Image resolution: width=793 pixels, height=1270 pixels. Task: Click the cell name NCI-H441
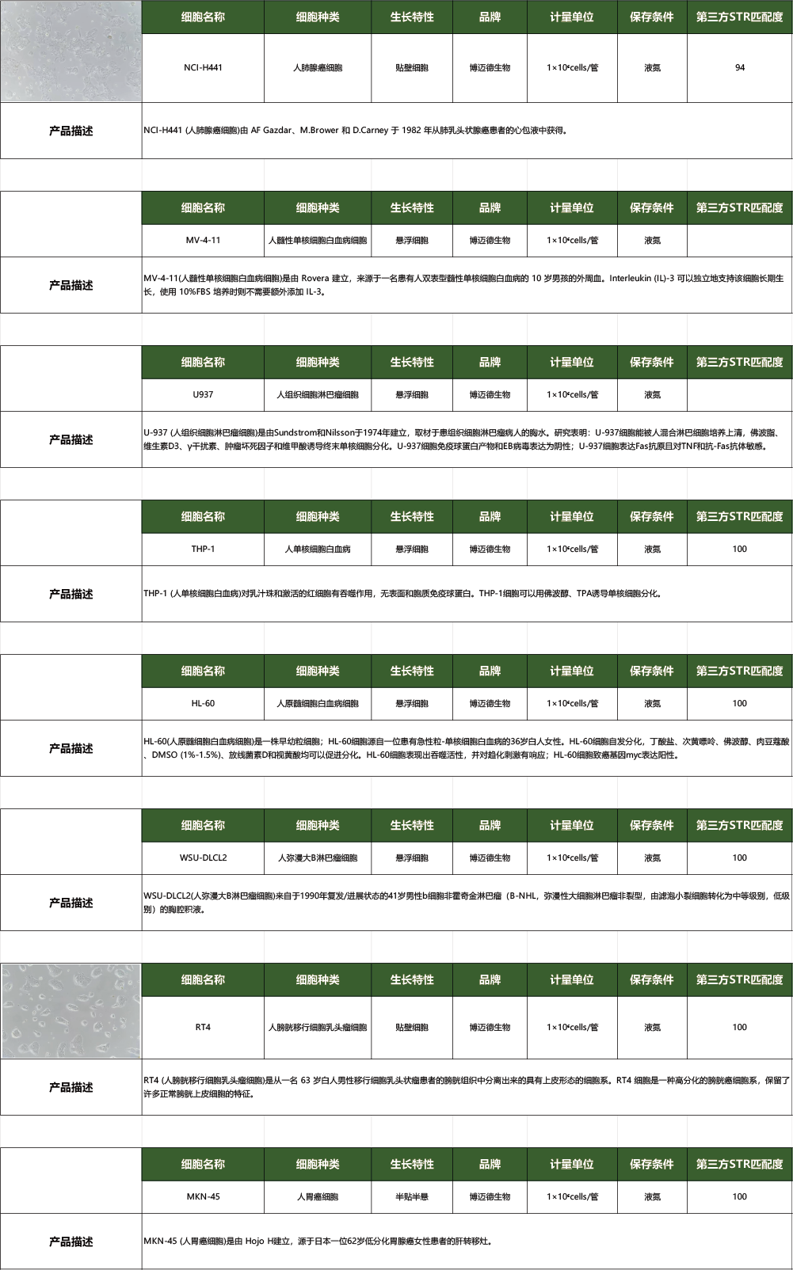pos(203,68)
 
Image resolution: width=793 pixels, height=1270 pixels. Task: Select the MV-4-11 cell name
pos(203,241)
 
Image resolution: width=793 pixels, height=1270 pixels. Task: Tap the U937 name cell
pos(203,394)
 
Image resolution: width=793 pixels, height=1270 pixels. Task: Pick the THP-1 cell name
pos(203,549)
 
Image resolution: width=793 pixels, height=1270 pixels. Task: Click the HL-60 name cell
pos(203,703)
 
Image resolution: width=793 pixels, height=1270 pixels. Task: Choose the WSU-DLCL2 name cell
pos(203,857)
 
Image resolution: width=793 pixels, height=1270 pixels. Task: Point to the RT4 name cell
pos(203,1027)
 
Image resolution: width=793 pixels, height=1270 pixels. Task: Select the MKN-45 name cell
pos(203,1196)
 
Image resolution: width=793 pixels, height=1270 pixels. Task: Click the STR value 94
pos(740,68)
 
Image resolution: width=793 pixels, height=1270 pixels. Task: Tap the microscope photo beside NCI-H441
pos(71,51)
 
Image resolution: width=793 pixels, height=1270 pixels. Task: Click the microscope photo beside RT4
pos(71,1010)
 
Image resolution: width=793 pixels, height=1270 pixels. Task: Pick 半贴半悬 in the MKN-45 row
pos(412,1196)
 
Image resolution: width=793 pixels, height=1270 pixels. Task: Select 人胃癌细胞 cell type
pos(318,1196)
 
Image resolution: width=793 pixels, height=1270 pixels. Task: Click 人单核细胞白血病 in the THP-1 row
pos(318,549)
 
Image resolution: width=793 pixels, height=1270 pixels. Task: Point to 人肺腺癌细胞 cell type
pos(318,68)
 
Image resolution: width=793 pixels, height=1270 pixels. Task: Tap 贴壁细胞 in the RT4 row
pos(412,1027)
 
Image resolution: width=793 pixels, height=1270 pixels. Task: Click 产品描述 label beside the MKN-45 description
pos(71,1241)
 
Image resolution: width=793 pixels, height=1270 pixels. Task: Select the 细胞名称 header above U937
pos(203,362)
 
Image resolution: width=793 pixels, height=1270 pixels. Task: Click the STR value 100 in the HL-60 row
pos(740,703)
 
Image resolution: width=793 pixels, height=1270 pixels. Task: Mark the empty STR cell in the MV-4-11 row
pos(740,241)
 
